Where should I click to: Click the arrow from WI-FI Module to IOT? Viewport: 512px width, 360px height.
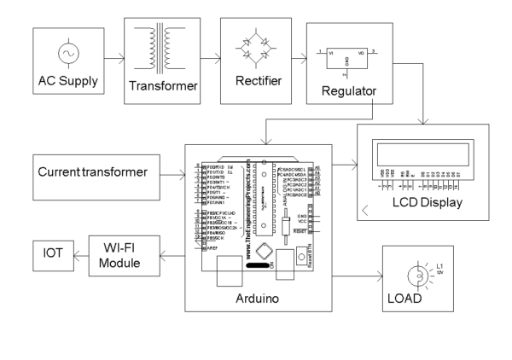[79, 253]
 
